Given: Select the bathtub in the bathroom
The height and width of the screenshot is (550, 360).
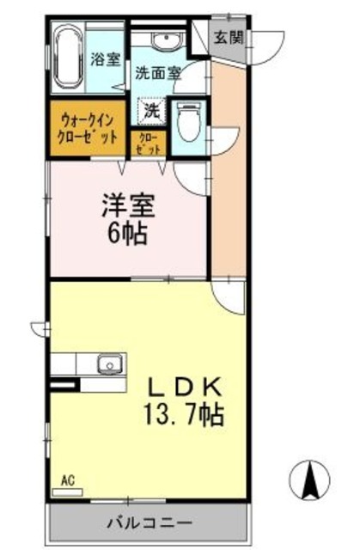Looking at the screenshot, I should pyautogui.click(x=67, y=58).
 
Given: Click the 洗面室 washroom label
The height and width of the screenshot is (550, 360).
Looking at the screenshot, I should pyautogui.click(x=157, y=73).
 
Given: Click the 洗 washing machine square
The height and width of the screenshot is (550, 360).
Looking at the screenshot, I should pyautogui.click(x=152, y=111).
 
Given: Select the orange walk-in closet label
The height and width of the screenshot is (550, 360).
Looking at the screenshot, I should pyautogui.click(x=88, y=130).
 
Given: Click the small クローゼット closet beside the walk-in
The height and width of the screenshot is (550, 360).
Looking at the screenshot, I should pyautogui.click(x=146, y=143).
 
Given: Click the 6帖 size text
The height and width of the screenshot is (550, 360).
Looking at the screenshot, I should pyautogui.click(x=127, y=233).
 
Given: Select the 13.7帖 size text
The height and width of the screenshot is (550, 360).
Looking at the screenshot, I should pyautogui.click(x=182, y=416).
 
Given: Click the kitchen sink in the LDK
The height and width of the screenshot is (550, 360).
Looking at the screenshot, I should pyautogui.click(x=108, y=365).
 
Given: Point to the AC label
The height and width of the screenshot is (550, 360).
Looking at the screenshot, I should pyautogui.click(x=66, y=482).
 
